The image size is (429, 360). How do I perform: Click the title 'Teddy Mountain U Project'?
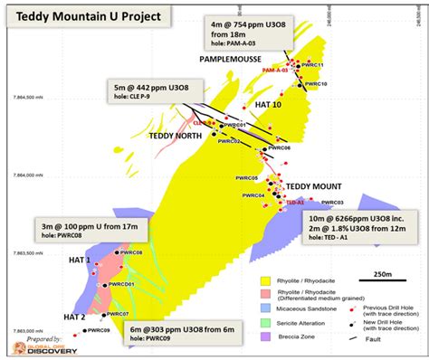click(x=75, y=14)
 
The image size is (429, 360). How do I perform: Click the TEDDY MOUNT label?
click(x=307, y=186)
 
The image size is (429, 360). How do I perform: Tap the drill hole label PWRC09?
click(x=99, y=332)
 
